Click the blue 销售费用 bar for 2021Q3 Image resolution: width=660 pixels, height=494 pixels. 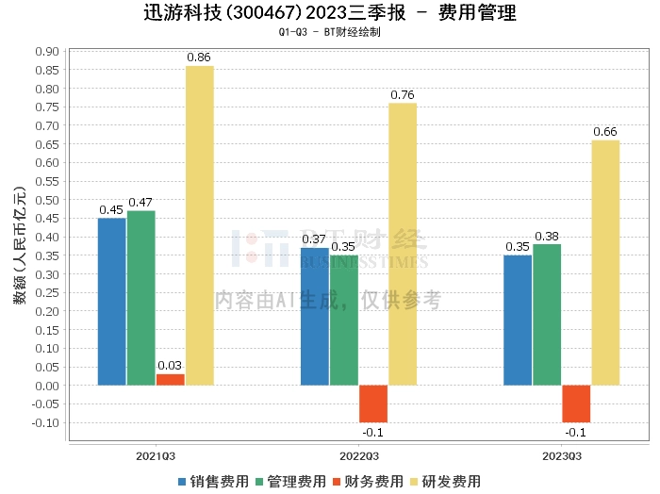tap(112, 302)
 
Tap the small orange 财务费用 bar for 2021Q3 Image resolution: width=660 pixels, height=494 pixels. tap(171, 380)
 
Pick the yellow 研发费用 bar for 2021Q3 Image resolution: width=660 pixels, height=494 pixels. tap(200, 225)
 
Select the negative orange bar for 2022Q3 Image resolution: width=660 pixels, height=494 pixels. tap(373, 403)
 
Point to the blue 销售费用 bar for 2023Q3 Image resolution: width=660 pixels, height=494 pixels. tap(518, 321)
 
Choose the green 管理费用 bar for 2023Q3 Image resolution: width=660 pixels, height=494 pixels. tap(547, 315)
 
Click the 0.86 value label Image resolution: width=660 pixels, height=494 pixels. tap(199, 58)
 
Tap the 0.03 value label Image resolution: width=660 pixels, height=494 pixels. tap(171, 366)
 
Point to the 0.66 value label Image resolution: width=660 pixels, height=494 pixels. tap(605, 131)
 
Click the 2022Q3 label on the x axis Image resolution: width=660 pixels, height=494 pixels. tap(358, 454)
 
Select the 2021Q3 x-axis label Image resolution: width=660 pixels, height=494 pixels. tap(156, 454)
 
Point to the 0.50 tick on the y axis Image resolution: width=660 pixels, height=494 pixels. tap(47, 200)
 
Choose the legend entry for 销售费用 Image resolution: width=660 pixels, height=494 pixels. tap(213, 482)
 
